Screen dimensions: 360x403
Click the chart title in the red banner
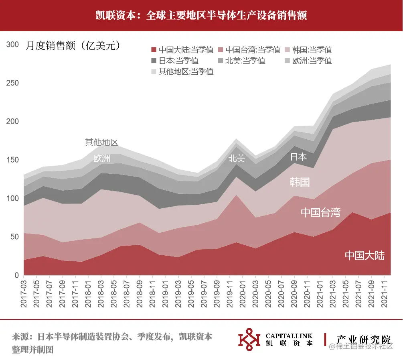click(x=201, y=15)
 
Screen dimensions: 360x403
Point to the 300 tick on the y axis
click(x=13, y=45)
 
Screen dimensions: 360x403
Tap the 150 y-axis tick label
click(x=13, y=160)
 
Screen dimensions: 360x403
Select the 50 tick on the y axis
click(x=15, y=237)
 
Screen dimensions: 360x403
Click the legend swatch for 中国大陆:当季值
click(x=154, y=50)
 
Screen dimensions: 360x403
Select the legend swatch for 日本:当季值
click(x=154, y=61)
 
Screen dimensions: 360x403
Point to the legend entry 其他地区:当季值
click(x=186, y=71)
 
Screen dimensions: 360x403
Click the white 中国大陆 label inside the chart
click(x=365, y=255)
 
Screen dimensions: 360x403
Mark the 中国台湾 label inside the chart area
click(x=320, y=212)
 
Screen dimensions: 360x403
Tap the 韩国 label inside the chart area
click(x=300, y=182)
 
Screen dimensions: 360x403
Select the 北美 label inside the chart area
click(x=237, y=159)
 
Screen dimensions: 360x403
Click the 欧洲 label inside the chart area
click(x=101, y=159)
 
